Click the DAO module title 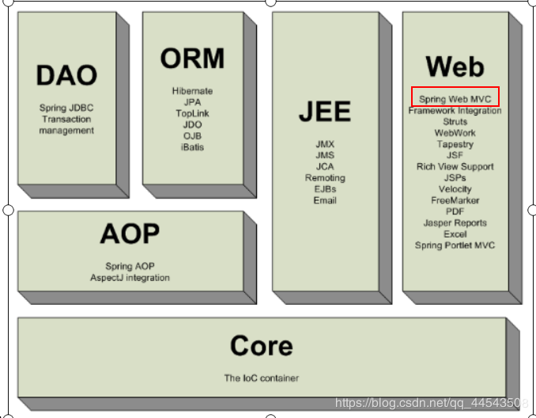(x=66, y=75)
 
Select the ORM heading (x=192, y=59)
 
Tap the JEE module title (x=325, y=112)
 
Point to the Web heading (x=455, y=66)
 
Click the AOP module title (x=130, y=234)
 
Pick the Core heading (x=262, y=346)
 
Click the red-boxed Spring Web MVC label (x=455, y=99)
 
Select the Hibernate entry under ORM (x=192, y=91)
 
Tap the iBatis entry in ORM (x=192, y=147)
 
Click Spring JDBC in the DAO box (x=66, y=108)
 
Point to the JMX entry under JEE (x=325, y=144)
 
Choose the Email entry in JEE (x=325, y=200)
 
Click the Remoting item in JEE (x=325, y=178)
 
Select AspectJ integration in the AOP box (x=130, y=278)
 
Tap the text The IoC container (x=262, y=378)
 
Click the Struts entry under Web (x=455, y=122)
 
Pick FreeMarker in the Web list (x=455, y=200)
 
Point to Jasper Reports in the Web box (x=455, y=223)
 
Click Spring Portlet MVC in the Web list (x=455, y=245)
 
